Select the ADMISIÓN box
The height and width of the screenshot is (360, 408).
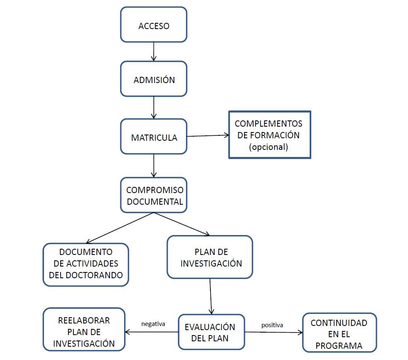click(x=154, y=79)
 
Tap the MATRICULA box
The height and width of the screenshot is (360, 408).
click(x=154, y=137)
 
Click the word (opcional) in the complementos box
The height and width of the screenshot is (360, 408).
click(x=268, y=147)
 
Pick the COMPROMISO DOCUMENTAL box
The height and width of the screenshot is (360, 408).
click(x=154, y=196)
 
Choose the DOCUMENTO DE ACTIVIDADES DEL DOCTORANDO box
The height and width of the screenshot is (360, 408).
click(x=86, y=264)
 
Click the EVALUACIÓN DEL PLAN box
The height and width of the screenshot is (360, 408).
click(x=211, y=332)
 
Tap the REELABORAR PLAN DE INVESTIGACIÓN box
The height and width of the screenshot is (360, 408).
click(x=84, y=331)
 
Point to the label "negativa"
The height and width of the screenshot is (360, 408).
click(x=153, y=324)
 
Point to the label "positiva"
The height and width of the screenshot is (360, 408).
click(x=272, y=325)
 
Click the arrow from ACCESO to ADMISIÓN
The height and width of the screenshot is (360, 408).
click(x=154, y=51)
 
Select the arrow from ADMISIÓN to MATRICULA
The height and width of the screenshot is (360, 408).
click(x=154, y=108)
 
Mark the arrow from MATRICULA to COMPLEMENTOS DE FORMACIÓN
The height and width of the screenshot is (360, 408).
click(x=208, y=135)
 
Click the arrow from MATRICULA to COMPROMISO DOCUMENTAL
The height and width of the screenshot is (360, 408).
click(x=154, y=166)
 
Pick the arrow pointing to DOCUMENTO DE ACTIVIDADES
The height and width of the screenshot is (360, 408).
click(x=120, y=228)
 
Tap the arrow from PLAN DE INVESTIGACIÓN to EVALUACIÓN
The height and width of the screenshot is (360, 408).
click(x=210, y=296)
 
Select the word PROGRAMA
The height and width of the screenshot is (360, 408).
click(x=339, y=345)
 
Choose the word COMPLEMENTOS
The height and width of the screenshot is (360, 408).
click(x=268, y=124)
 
